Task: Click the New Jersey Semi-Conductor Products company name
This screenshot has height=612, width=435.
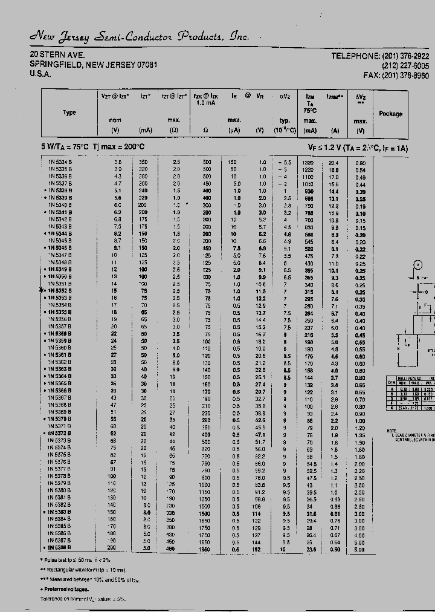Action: click(x=139, y=37)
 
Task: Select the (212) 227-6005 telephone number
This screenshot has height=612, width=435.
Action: click(x=405, y=65)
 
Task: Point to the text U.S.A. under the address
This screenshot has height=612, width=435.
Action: click(x=40, y=74)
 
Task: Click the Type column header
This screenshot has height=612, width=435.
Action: click(x=69, y=113)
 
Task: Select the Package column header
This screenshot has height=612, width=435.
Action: click(x=390, y=114)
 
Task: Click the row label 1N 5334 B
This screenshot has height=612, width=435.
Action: click(x=59, y=163)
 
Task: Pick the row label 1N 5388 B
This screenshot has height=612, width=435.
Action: click(x=59, y=548)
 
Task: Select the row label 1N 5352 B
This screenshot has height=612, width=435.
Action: click(x=59, y=291)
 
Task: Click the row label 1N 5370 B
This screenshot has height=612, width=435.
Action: click(x=59, y=419)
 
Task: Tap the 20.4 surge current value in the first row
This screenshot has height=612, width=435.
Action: click(x=333, y=163)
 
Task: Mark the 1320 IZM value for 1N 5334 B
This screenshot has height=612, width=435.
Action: click(x=309, y=163)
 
